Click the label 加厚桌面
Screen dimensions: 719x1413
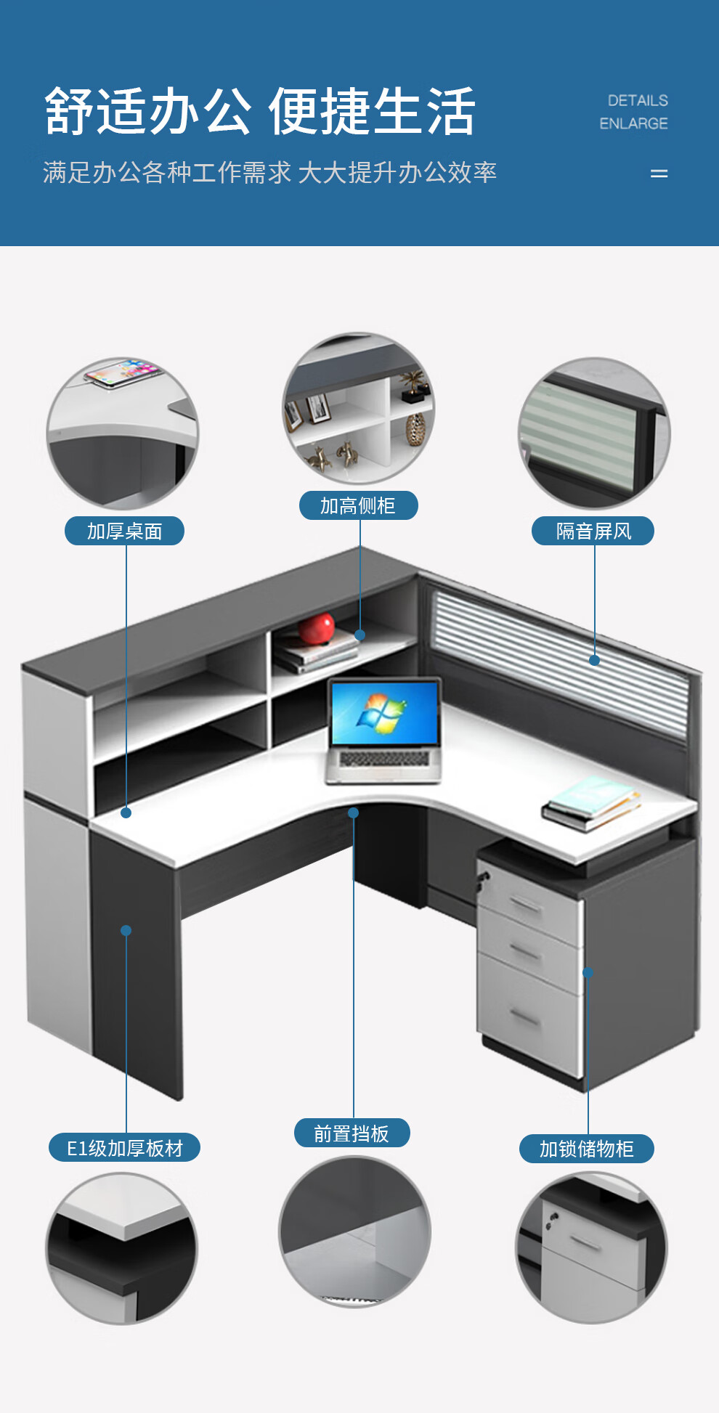124,531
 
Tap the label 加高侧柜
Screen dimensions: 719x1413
358,505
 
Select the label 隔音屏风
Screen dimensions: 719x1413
593,531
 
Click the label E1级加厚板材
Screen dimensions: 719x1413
124,1148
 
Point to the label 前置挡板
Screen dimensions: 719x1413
352,1133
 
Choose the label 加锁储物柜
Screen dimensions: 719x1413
586,1149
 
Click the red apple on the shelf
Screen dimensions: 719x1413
317,628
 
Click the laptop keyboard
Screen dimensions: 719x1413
384,759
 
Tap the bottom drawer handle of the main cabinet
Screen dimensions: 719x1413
524,1018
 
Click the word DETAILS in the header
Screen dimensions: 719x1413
638,100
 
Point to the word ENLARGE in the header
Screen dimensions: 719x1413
633,123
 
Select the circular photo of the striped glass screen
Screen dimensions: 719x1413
594,433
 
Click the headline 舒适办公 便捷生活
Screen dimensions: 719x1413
260,111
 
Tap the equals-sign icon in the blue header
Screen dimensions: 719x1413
659,174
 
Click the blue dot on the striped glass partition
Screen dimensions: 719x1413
594,661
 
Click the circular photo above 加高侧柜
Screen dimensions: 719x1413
358,409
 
